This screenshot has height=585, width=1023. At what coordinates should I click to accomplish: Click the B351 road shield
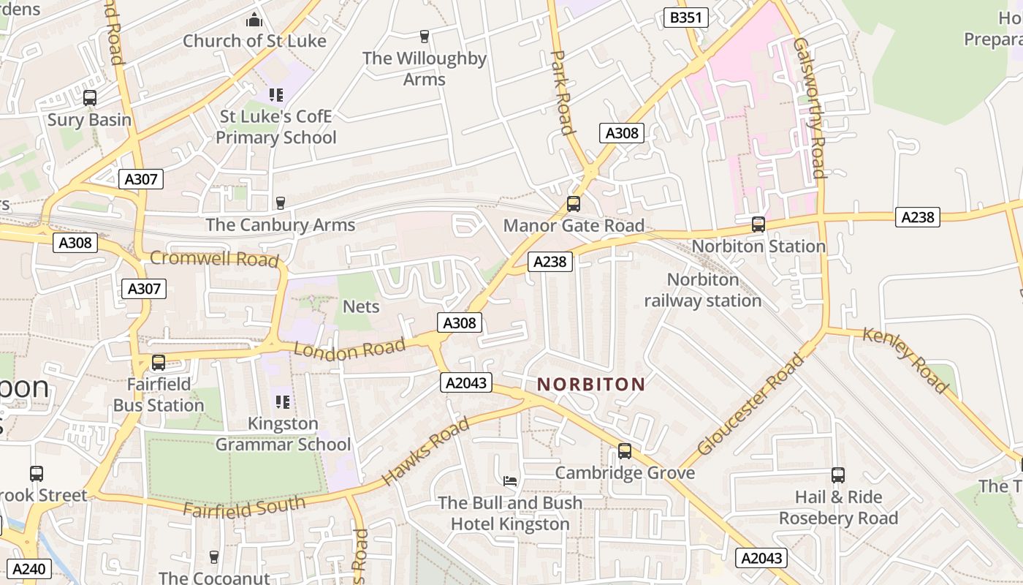[685, 18]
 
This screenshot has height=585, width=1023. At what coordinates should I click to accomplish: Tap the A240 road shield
[29, 569]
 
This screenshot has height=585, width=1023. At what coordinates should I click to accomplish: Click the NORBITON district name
[591, 384]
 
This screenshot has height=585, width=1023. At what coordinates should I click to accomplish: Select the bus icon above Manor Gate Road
[574, 204]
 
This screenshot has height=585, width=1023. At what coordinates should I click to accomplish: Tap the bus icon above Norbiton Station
[758, 224]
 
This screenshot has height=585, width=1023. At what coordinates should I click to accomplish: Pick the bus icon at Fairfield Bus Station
[159, 362]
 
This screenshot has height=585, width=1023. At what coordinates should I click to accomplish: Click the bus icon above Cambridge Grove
[625, 450]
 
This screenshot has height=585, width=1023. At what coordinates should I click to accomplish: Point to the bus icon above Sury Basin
[90, 98]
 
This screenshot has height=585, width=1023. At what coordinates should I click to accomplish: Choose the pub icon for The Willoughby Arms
[424, 36]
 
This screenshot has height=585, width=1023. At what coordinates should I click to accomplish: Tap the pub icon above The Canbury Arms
[280, 203]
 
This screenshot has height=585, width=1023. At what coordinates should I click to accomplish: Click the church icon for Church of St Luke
[254, 20]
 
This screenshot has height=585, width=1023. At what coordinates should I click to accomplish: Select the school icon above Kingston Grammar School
[283, 401]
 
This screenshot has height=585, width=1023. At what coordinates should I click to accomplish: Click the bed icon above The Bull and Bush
[510, 480]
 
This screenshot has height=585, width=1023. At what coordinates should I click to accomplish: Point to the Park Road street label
[561, 92]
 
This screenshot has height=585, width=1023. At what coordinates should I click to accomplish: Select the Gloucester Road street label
[750, 404]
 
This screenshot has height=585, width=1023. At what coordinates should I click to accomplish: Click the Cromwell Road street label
[214, 259]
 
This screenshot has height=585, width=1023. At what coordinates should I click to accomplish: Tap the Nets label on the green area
[361, 306]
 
